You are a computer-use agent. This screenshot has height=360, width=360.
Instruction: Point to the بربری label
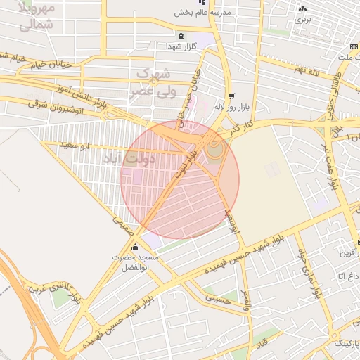click(x=302, y=20)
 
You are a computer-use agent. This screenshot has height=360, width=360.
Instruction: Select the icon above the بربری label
click(x=302, y=8)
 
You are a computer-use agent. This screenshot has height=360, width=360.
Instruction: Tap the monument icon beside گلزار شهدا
click(x=182, y=36)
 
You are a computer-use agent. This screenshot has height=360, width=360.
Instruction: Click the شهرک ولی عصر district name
click(x=151, y=82)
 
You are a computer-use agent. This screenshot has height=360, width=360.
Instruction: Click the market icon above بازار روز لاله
click(x=231, y=96)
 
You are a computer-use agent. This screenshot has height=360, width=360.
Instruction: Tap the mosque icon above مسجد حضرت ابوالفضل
click(x=136, y=247)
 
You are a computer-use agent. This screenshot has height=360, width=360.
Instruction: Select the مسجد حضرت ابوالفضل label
click(x=136, y=262)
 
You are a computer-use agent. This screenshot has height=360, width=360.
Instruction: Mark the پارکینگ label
click(x=344, y=343)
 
